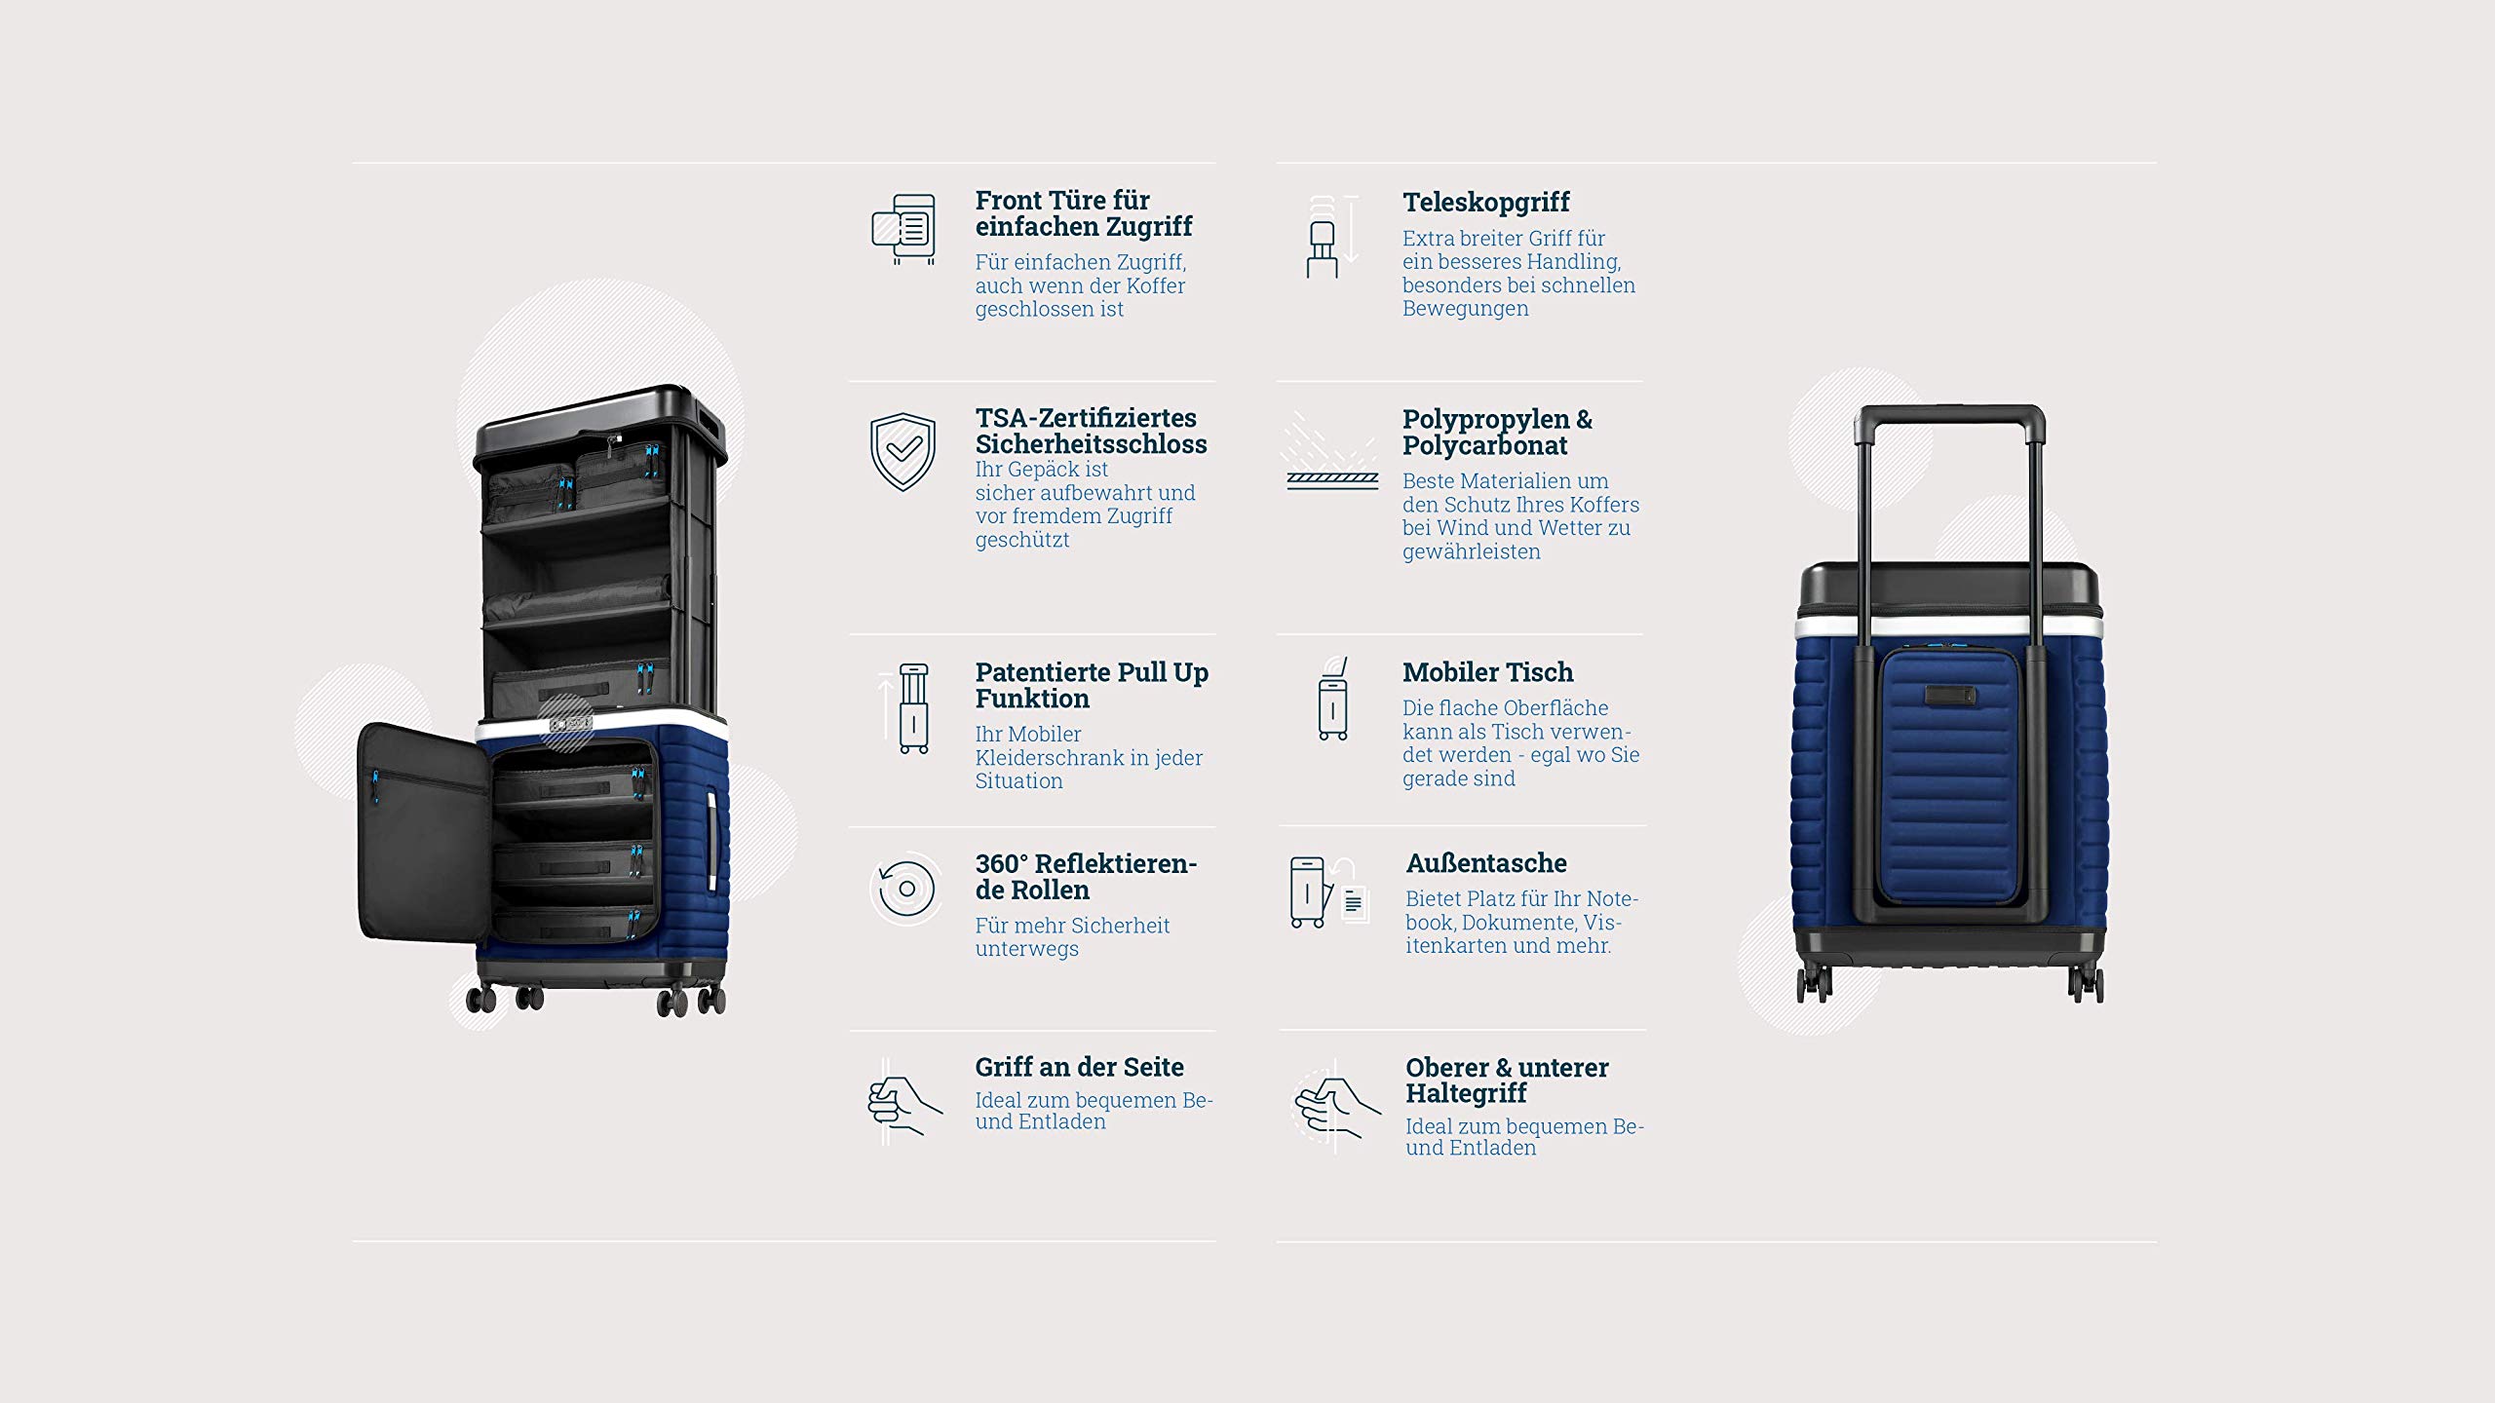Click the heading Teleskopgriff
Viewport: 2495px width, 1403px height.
coord(1485,203)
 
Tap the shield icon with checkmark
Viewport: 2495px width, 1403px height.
coord(902,452)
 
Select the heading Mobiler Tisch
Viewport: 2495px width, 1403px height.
coord(1487,672)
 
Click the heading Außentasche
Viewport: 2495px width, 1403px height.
coord(1486,863)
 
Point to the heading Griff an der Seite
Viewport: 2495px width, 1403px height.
coord(1079,1067)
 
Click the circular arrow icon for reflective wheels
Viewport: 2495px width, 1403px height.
coord(905,889)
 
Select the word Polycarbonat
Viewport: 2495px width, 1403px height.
coord(1484,445)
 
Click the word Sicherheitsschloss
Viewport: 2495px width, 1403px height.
coord(1091,444)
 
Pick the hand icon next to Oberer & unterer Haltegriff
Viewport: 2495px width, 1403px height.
coord(1336,1107)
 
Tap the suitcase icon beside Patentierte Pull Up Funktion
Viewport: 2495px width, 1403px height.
coord(912,708)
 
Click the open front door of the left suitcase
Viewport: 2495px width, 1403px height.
coord(423,834)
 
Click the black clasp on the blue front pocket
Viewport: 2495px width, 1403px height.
coord(1950,696)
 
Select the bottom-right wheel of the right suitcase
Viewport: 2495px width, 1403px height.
coord(2086,984)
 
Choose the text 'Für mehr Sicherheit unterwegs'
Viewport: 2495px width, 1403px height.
coord(1072,937)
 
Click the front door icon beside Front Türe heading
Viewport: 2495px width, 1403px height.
coord(903,229)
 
